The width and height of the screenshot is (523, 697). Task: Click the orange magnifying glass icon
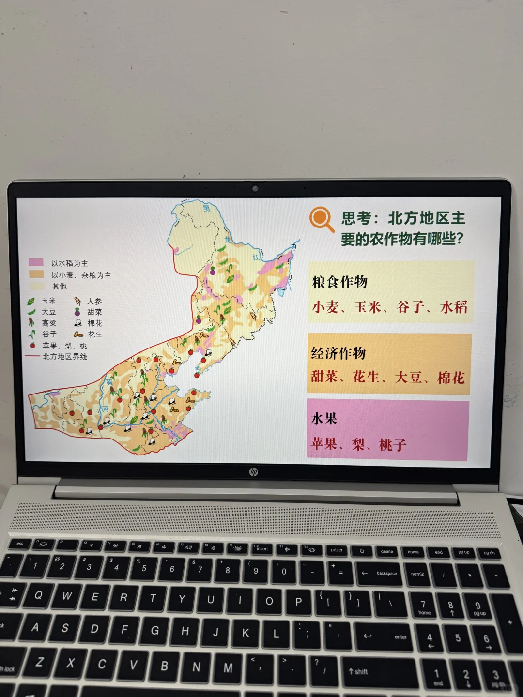(321, 219)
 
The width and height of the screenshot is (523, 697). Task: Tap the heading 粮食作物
(340, 282)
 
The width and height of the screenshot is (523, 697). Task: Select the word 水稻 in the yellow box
(454, 307)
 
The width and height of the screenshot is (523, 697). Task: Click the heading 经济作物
(338, 353)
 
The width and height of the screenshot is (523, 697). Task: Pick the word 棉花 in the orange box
(451, 378)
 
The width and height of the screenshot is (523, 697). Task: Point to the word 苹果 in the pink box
(324, 443)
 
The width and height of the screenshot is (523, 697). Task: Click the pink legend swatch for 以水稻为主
(36, 262)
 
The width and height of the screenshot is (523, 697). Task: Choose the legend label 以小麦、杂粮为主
(81, 275)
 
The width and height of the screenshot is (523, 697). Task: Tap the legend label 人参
(94, 301)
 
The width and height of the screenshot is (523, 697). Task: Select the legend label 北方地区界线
(65, 357)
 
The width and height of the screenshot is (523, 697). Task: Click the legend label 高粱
(49, 323)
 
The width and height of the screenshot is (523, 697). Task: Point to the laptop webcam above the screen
(255, 188)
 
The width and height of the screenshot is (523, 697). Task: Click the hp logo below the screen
(253, 471)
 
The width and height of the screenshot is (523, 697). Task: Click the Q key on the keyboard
(38, 595)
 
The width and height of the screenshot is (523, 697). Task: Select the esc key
(20, 544)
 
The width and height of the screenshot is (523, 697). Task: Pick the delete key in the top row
(387, 551)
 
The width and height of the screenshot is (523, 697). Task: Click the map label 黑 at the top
(207, 208)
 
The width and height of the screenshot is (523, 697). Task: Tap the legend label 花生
(95, 334)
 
